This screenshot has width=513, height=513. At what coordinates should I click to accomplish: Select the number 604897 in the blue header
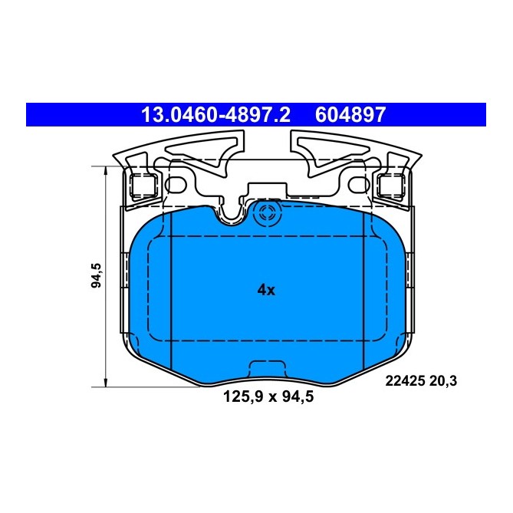pos(350,115)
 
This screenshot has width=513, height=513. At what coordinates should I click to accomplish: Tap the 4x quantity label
pos(266,290)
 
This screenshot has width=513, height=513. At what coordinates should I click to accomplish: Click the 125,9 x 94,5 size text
pos(268,397)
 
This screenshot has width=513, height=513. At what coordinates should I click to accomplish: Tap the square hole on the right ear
pos(386,184)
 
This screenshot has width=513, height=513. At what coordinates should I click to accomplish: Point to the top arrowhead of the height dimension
pos(105,169)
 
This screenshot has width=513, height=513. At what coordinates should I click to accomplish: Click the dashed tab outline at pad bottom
pos(267,367)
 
